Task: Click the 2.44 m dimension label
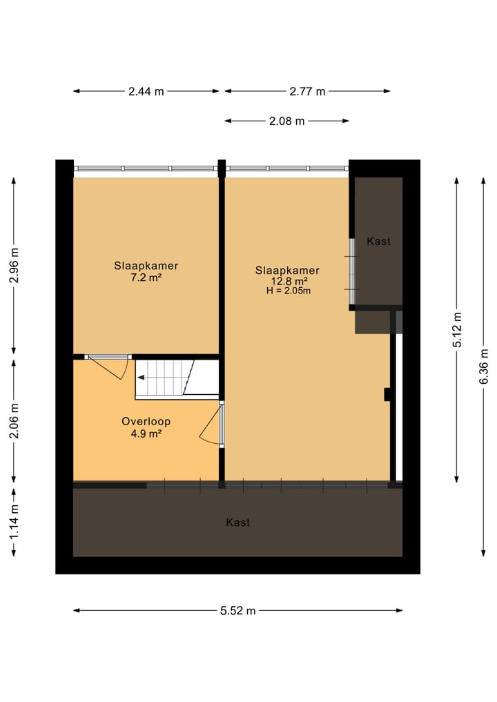point(146,91)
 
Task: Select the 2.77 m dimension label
point(307,91)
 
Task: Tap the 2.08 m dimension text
point(286,121)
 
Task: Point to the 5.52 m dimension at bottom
point(238,610)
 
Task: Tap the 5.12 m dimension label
point(457,330)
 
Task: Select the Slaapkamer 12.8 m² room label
point(287,276)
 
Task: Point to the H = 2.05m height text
point(288,291)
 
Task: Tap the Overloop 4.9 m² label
point(146,427)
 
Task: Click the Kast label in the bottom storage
point(238,523)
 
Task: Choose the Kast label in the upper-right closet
point(378,242)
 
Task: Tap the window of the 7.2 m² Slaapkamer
point(146,168)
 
